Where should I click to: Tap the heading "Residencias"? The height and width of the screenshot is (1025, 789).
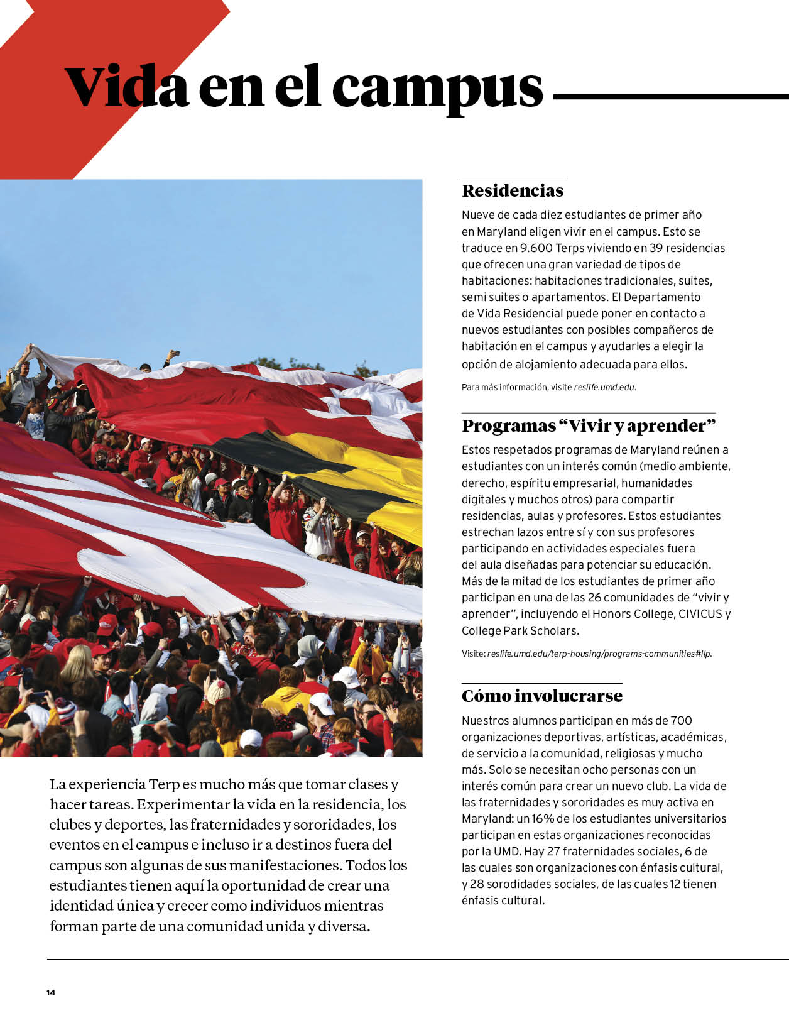pyautogui.click(x=513, y=190)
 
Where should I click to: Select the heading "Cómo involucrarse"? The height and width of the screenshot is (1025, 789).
pyautogui.click(x=541, y=696)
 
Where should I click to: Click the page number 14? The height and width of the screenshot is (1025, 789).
pyautogui.click(x=51, y=993)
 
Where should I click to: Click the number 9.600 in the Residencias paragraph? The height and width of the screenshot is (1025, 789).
pyautogui.click(x=536, y=248)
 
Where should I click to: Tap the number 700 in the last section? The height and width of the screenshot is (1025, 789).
pyautogui.click(x=681, y=721)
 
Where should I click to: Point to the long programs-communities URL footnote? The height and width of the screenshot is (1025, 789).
pyautogui.click(x=599, y=654)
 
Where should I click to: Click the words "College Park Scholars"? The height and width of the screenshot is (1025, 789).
pyautogui.click(x=520, y=630)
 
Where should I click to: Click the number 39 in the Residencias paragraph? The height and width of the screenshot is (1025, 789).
pyautogui.click(x=656, y=248)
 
